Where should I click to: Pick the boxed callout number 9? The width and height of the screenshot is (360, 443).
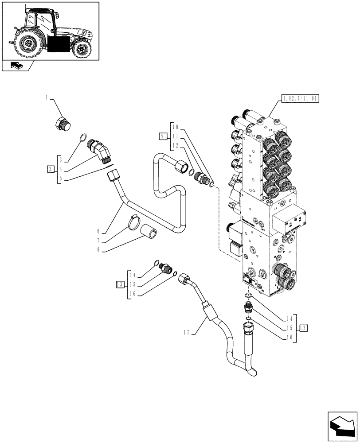click(x=164, y=136)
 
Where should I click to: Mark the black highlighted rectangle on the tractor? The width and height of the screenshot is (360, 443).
click(x=58, y=44)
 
